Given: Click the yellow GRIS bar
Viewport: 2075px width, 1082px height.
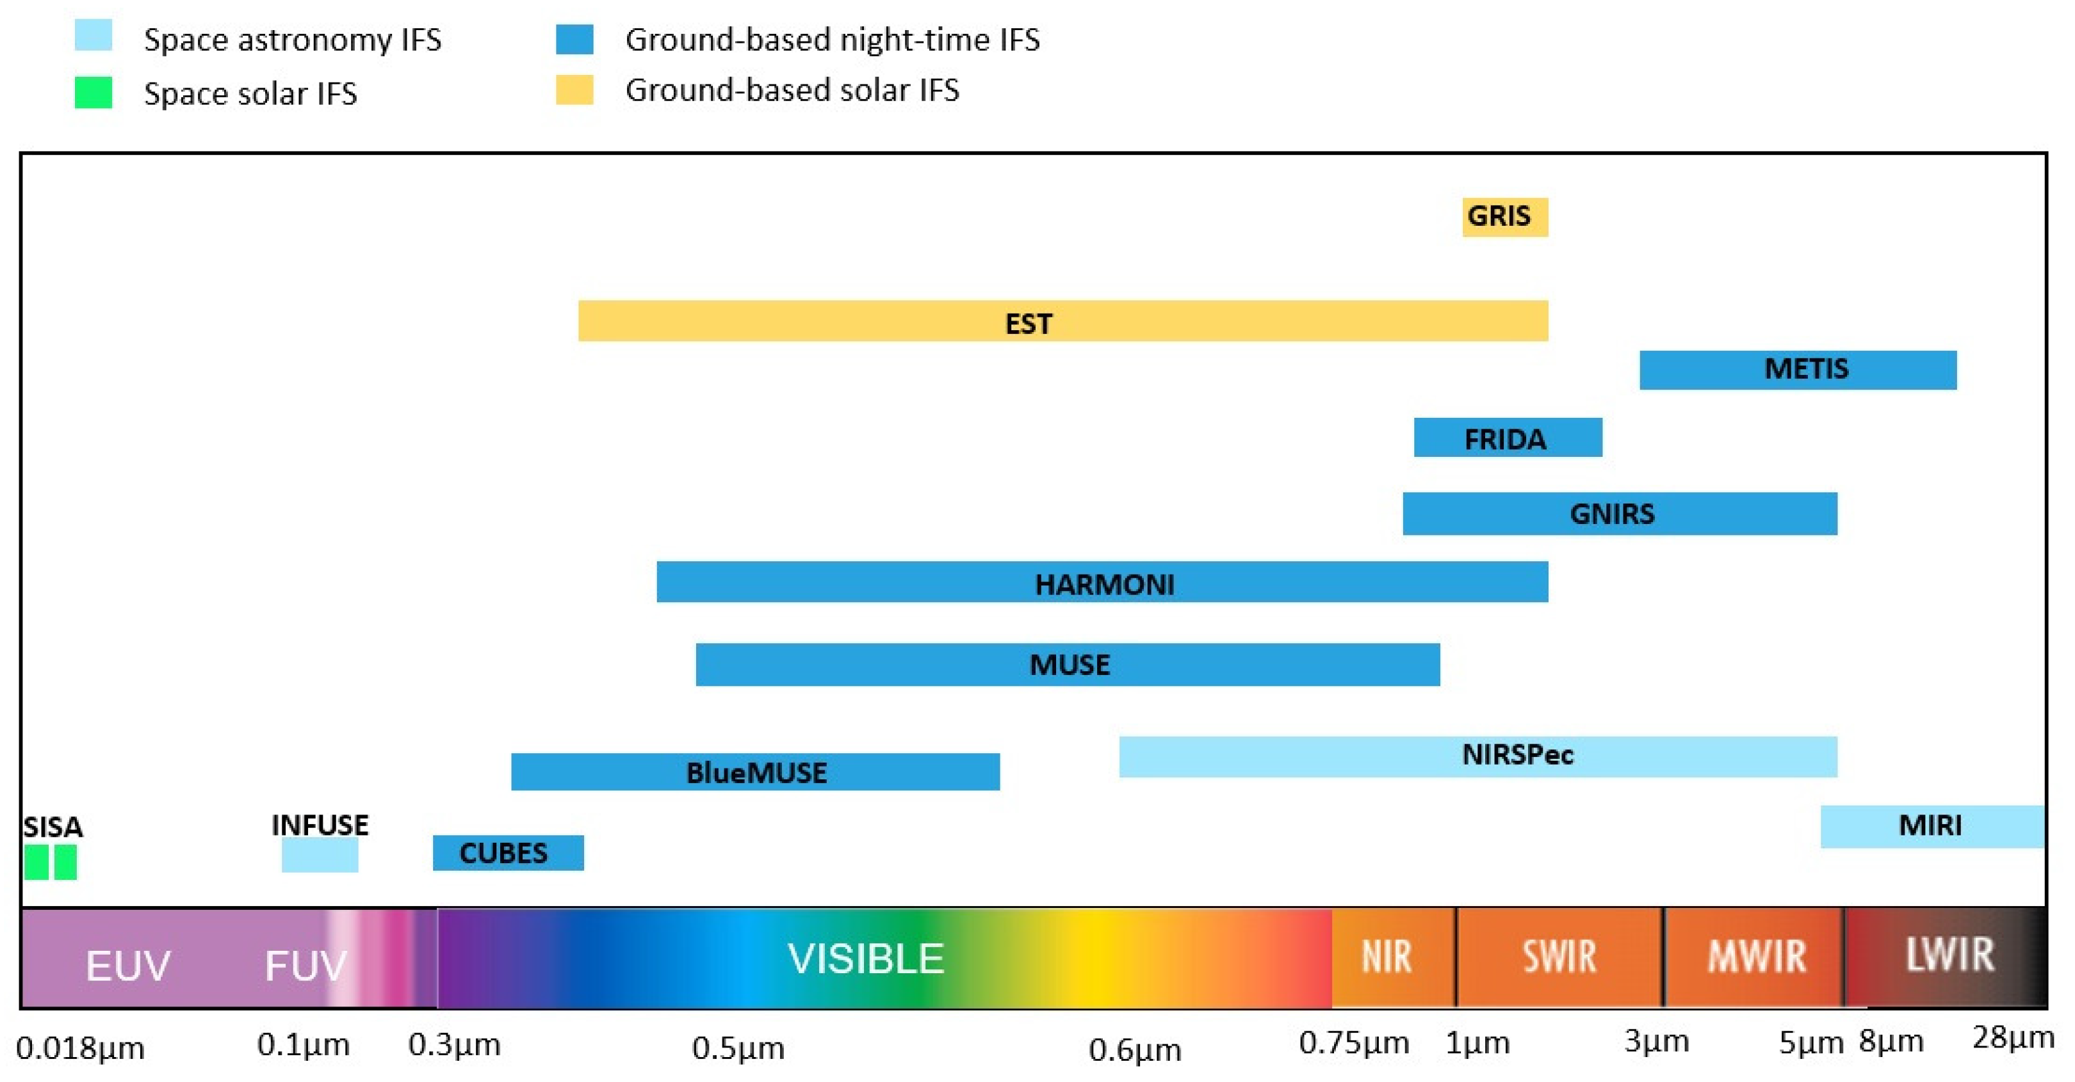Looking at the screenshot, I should [x=1505, y=216].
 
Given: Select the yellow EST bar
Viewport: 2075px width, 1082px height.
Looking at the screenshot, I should [x=1062, y=321].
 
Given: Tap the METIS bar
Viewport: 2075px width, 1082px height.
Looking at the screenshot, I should [x=1797, y=370].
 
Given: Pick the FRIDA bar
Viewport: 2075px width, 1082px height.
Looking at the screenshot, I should [x=1507, y=437].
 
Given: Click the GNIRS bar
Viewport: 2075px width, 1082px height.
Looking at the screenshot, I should [x=1619, y=514].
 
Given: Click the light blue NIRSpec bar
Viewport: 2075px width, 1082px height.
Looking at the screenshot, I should [x=1477, y=757].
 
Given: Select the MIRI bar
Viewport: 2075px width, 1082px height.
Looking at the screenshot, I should [x=1932, y=826].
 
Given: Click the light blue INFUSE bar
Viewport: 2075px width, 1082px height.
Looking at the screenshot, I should [x=319, y=855].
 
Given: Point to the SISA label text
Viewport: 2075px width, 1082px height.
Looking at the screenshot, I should [x=53, y=827].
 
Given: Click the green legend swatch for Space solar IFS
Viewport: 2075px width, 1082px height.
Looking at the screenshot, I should [x=93, y=93].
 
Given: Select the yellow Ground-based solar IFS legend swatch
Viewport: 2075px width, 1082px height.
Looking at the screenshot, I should [x=574, y=90].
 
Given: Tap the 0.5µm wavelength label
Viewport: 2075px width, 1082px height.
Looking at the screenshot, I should [x=737, y=1047].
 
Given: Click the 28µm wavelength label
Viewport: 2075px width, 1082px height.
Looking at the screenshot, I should [x=2012, y=1038].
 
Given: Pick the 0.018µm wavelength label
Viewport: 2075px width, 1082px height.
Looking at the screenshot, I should [x=80, y=1048].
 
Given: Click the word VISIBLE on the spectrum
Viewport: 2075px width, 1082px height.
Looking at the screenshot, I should [x=865, y=959].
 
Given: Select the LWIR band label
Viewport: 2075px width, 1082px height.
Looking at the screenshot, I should [x=1949, y=955].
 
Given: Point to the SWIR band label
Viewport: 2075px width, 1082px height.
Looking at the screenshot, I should [x=1559, y=957].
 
